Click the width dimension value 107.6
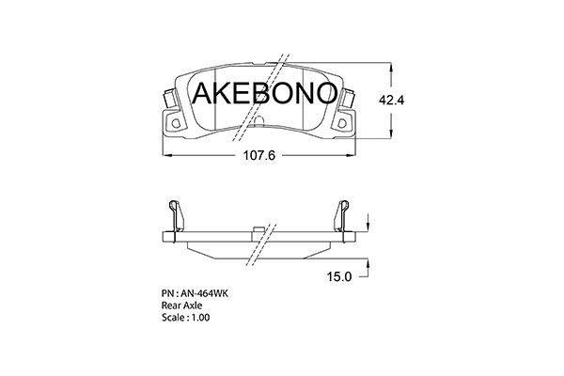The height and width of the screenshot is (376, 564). tap(258, 156)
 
